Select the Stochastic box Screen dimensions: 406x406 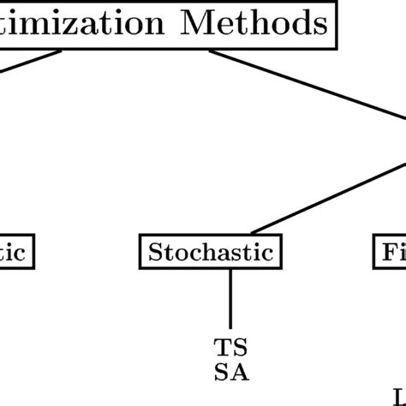pos(210,252)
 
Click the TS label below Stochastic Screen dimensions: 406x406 pos(230,348)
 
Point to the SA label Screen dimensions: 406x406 pos(230,373)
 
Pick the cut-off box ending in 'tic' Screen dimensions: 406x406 pos(15,252)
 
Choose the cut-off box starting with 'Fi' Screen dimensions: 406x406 pos(391,252)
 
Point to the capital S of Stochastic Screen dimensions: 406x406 pos(156,252)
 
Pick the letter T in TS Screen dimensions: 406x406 pos(222,348)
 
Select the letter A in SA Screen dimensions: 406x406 pos(237,373)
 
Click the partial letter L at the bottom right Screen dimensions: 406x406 pos(399,396)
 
